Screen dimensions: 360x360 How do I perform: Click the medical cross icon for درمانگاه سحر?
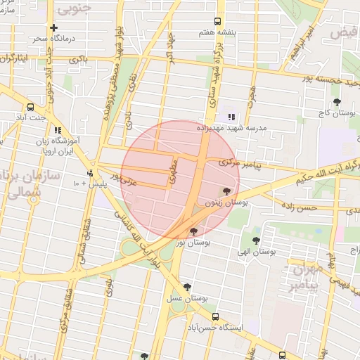[x=54, y=27]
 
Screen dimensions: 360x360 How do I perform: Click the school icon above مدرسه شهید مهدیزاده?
[x=232, y=117]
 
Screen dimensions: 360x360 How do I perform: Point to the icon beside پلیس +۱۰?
[x=89, y=173]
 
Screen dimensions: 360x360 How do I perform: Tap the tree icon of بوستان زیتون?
[x=226, y=191]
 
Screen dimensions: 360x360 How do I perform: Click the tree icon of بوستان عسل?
[x=187, y=287]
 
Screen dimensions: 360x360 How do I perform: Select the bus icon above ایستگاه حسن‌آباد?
[x=215, y=316]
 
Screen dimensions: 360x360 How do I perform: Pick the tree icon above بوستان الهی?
[x=256, y=240]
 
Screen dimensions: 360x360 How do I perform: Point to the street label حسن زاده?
[x=299, y=207]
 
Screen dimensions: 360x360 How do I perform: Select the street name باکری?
[x=77, y=62]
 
